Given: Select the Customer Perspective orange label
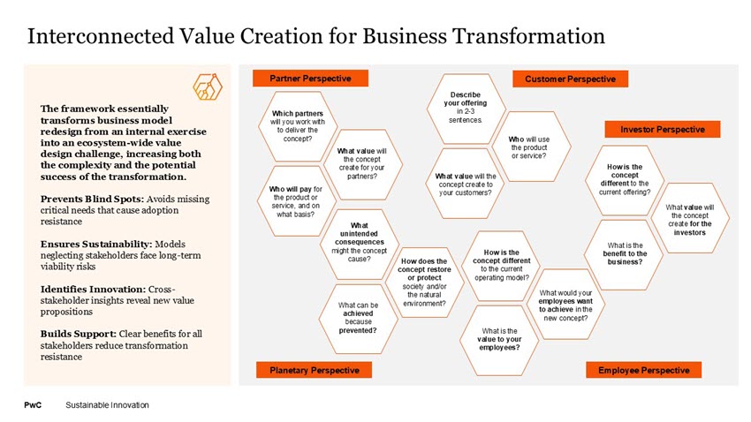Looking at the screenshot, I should (x=570, y=79).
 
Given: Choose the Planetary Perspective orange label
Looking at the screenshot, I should (x=314, y=370).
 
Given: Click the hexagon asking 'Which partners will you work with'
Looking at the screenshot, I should (x=291, y=126).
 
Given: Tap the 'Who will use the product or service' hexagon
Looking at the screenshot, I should (x=528, y=147).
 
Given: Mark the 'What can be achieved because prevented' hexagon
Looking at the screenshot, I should (x=359, y=318).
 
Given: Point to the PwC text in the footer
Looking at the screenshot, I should (x=32, y=405).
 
